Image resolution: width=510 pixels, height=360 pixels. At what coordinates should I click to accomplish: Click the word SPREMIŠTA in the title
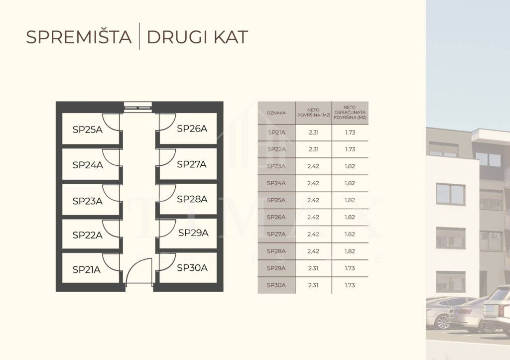pyautogui.click(x=79, y=37)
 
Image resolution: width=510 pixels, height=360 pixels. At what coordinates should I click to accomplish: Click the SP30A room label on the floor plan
pyautogui.click(x=192, y=268)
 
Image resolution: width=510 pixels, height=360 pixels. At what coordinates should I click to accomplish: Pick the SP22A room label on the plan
pyautogui.click(x=88, y=235)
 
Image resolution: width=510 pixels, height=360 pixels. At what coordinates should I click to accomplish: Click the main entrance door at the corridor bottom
pyautogui.click(x=139, y=271)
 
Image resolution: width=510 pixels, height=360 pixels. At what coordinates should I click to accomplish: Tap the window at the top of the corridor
pyautogui.click(x=138, y=107)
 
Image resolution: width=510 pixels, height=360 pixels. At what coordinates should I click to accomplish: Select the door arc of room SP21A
pyautogui.click(x=111, y=262)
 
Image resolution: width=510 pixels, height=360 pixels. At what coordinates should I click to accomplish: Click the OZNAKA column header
pyautogui.click(x=276, y=113)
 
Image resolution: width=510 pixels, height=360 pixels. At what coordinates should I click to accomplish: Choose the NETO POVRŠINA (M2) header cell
pyautogui.click(x=314, y=113)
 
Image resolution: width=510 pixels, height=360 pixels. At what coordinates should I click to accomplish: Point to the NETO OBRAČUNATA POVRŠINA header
pyautogui.click(x=350, y=113)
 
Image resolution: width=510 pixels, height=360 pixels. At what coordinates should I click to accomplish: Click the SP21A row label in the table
pyautogui.click(x=276, y=132)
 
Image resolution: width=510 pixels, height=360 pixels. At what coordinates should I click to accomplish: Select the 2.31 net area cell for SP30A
pyautogui.click(x=313, y=285)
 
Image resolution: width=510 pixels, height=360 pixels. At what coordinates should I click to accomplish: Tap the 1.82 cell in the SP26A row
pyautogui.click(x=350, y=217)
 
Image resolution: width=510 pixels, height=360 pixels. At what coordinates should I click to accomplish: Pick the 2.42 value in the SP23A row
pyautogui.click(x=313, y=166)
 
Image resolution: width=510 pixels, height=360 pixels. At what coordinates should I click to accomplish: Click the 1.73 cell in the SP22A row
pyautogui.click(x=350, y=149)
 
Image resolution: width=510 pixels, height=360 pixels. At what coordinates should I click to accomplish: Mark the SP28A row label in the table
pyautogui.click(x=276, y=251)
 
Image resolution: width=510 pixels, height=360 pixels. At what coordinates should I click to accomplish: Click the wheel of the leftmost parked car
pyautogui.click(x=442, y=322)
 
